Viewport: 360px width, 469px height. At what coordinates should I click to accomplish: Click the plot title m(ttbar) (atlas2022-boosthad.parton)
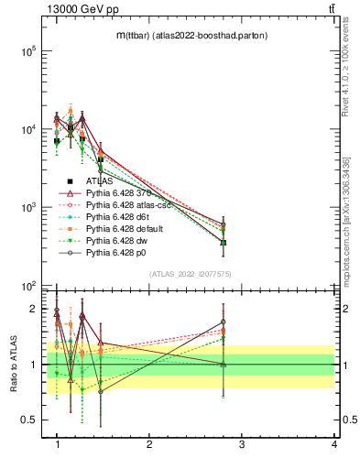191,37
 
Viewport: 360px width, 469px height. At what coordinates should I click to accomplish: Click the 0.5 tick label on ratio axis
26,420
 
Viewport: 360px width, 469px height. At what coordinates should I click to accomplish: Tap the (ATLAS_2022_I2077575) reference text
191,274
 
